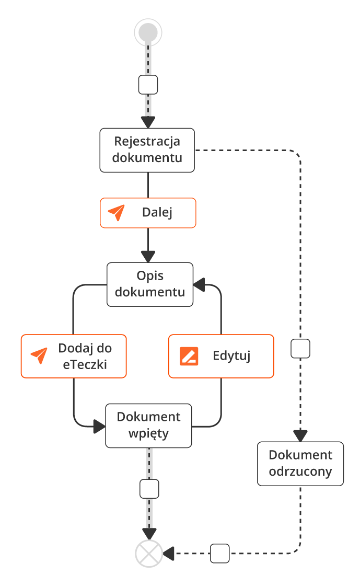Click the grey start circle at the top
pyautogui.click(x=148, y=32)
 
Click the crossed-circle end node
pyautogui.click(x=149, y=553)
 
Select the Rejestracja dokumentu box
pyautogui.click(x=147, y=150)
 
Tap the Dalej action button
pyautogui.click(x=148, y=213)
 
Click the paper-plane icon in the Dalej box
pyautogui.click(x=117, y=213)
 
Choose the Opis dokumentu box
pyautogui.click(x=150, y=284)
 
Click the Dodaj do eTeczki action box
pyautogui.click(x=74, y=356)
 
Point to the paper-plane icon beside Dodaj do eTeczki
pyautogui.click(x=39, y=356)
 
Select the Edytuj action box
pyautogui.click(x=221, y=356)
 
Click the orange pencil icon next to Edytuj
pyautogui.click(x=189, y=356)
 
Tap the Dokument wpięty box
pyautogui.click(x=149, y=426)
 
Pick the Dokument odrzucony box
pyautogui.click(x=300, y=464)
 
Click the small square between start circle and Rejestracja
pyautogui.click(x=148, y=84)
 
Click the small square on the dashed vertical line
pyautogui.click(x=300, y=348)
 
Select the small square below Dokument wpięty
pyautogui.click(x=149, y=489)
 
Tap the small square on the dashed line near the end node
pyautogui.click(x=220, y=553)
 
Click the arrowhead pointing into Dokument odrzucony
pyautogui.click(x=300, y=435)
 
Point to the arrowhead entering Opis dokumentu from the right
pyautogui.click(x=199, y=285)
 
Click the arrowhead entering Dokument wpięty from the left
pyautogui.click(x=99, y=427)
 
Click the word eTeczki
pyautogui.click(x=85, y=364)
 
